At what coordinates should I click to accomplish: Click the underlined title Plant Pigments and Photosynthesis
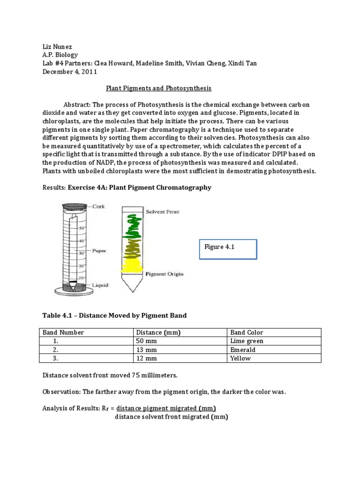coord(158,88)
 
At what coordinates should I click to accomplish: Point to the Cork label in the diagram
coord(98,207)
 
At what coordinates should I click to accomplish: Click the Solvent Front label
coord(162,212)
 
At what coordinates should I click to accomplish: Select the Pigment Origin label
coord(164,273)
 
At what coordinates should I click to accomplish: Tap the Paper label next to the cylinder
coord(99,251)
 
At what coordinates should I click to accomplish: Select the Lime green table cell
coord(247,341)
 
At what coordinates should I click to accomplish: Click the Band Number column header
coord(63,332)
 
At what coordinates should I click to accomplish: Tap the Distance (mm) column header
coord(158,332)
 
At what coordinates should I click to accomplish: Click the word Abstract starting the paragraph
coord(79,104)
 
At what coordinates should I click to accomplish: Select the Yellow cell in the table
coord(240,358)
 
